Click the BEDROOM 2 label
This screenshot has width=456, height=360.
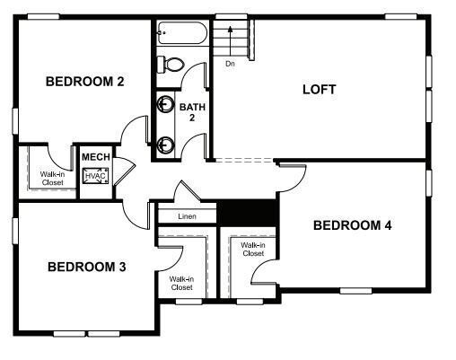[84, 82]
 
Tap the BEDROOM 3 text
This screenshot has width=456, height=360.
[86, 267]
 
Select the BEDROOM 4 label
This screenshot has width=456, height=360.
[352, 225]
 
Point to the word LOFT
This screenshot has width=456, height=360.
[319, 89]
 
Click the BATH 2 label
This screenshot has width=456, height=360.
[192, 112]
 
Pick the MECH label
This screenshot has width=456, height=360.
[95, 157]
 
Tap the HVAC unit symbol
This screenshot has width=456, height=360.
[95, 175]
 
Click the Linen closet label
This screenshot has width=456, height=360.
[187, 216]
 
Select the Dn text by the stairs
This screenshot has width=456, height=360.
[230, 64]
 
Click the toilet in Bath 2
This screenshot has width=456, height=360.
[170, 64]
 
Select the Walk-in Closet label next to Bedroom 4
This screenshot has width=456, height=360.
[252, 249]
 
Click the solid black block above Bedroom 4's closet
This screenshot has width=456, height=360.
[249, 213]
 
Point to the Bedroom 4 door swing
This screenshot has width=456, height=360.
[292, 175]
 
